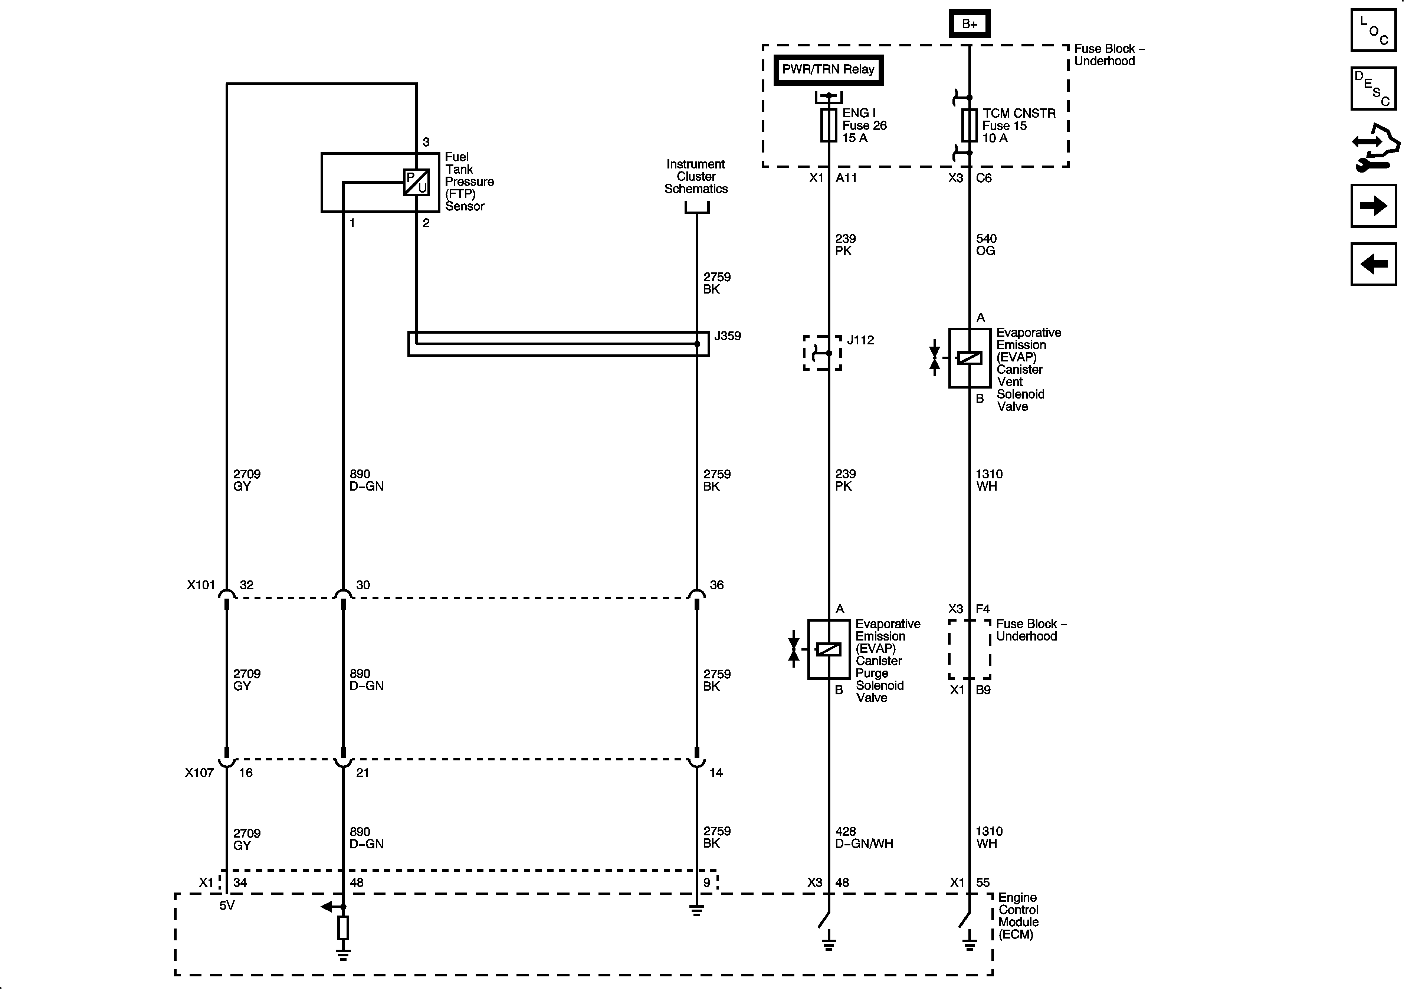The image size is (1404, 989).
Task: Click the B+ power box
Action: [969, 24]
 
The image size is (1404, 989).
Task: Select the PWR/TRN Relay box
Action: [828, 70]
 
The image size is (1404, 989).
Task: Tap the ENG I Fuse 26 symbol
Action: [829, 125]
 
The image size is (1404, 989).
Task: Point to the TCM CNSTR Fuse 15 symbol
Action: [969, 125]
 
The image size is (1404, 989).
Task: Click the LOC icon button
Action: [1374, 30]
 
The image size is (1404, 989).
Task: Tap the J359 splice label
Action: [728, 336]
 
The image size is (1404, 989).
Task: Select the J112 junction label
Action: [860, 340]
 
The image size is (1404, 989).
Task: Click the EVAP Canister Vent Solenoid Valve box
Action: [969, 358]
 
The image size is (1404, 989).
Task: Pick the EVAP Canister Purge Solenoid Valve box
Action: [829, 649]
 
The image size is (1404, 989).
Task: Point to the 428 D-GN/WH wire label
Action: [863, 837]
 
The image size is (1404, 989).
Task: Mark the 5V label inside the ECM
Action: [227, 905]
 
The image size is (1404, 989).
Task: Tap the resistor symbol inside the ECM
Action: [343, 927]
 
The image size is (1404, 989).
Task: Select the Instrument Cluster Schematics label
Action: [696, 176]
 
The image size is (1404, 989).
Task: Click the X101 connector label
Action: [201, 585]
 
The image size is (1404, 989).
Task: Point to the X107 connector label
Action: [199, 773]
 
